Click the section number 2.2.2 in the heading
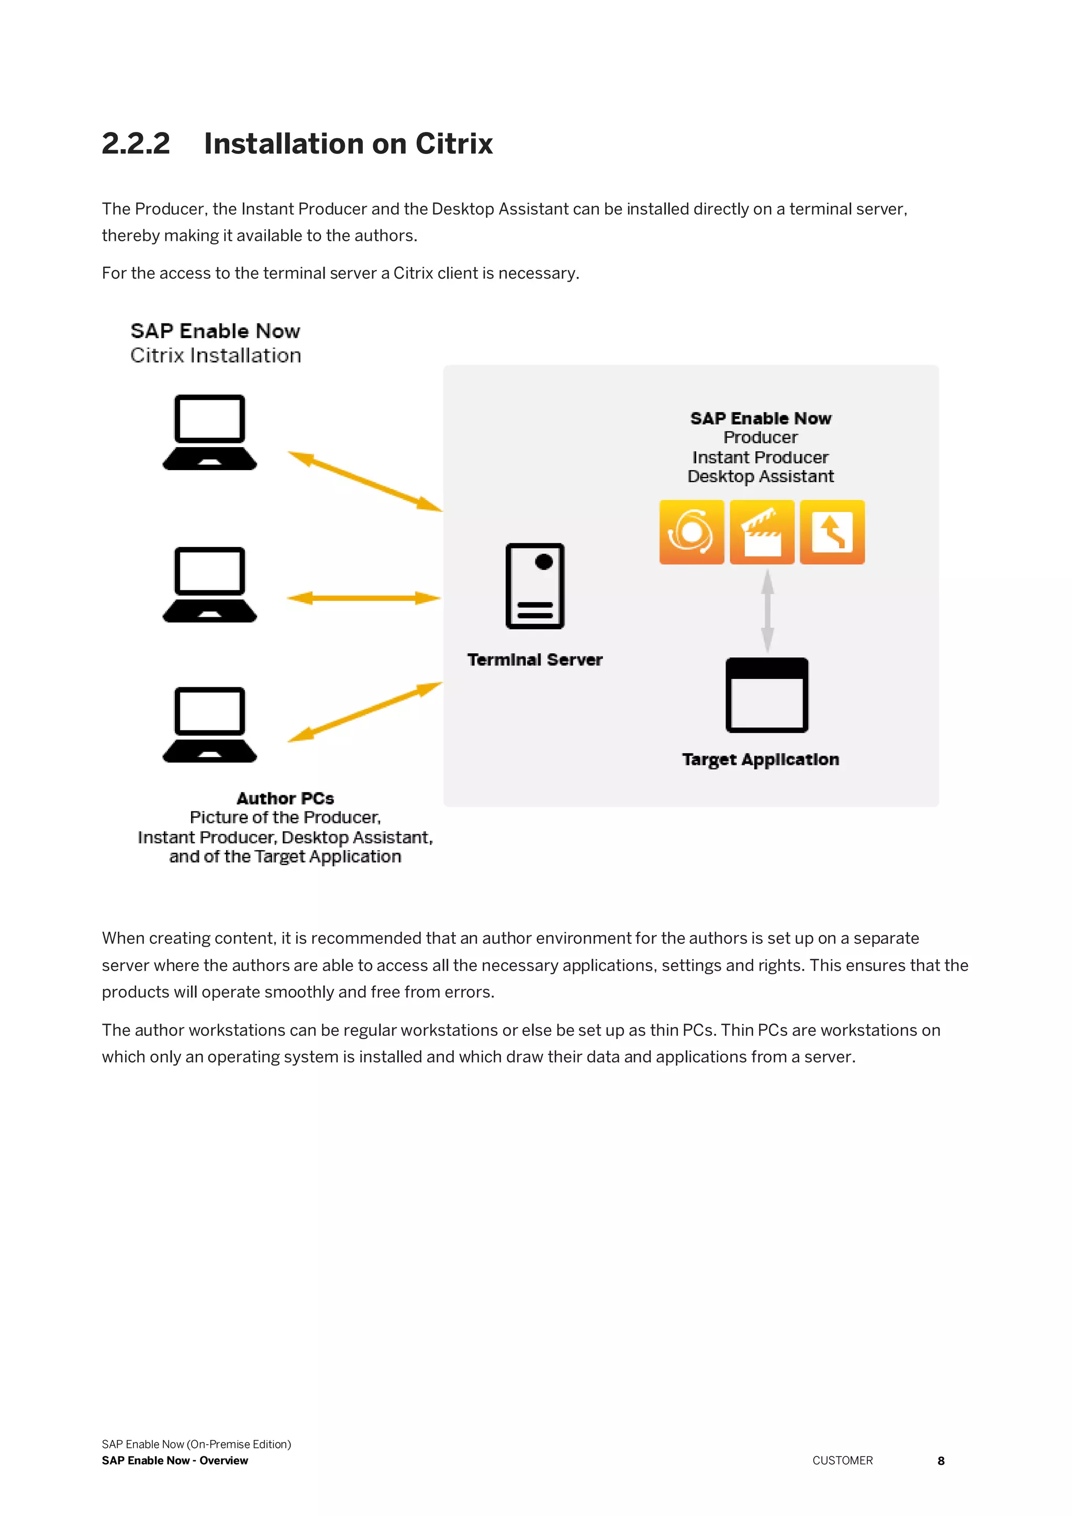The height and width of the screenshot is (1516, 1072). (x=136, y=143)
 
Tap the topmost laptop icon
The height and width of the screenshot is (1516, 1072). (x=209, y=432)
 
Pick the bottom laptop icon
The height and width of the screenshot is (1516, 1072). (x=209, y=724)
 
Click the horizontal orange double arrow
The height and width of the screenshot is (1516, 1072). (x=364, y=598)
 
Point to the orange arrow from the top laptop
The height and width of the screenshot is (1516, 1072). (x=365, y=482)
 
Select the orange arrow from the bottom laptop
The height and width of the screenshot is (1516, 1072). (x=365, y=712)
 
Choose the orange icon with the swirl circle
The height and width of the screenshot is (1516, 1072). (x=691, y=532)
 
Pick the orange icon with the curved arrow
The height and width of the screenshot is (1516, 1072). (x=832, y=532)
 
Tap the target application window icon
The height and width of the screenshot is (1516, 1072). (x=766, y=695)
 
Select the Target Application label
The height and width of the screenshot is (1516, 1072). (x=761, y=760)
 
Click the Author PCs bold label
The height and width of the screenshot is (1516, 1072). (x=285, y=798)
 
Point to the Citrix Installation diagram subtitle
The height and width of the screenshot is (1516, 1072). (x=215, y=355)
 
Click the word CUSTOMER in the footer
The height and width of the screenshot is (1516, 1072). (x=842, y=1461)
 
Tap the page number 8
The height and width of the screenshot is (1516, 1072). (x=941, y=1461)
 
